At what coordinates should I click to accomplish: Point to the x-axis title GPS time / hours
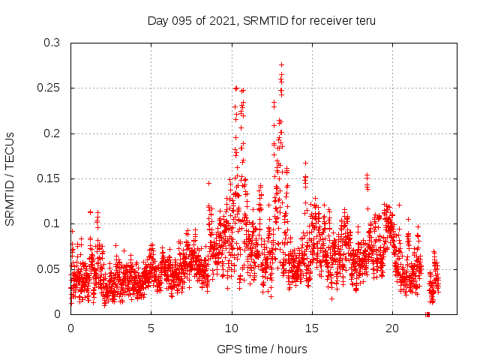[x=262, y=349]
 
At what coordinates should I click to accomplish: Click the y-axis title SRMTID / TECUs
[x=10, y=178]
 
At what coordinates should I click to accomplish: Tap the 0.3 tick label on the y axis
[x=52, y=43]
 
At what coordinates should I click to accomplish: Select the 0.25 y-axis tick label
[x=49, y=88]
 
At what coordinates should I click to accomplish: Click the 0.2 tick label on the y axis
[x=52, y=133]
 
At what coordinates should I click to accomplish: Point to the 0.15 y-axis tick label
[x=49, y=178]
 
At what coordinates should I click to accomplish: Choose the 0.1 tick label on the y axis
[x=52, y=223]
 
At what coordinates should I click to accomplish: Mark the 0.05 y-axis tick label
[x=49, y=268]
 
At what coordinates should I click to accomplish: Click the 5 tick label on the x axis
[x=151, y=328]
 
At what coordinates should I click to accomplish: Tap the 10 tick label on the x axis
[x=232, y=328]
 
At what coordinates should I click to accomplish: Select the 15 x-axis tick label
[x=312, y=328]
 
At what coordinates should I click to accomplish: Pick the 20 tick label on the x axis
[x=392, y=328]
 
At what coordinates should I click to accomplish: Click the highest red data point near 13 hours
[x=281, y=64]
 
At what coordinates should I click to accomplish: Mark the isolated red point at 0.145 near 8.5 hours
[x=208, y=183]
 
